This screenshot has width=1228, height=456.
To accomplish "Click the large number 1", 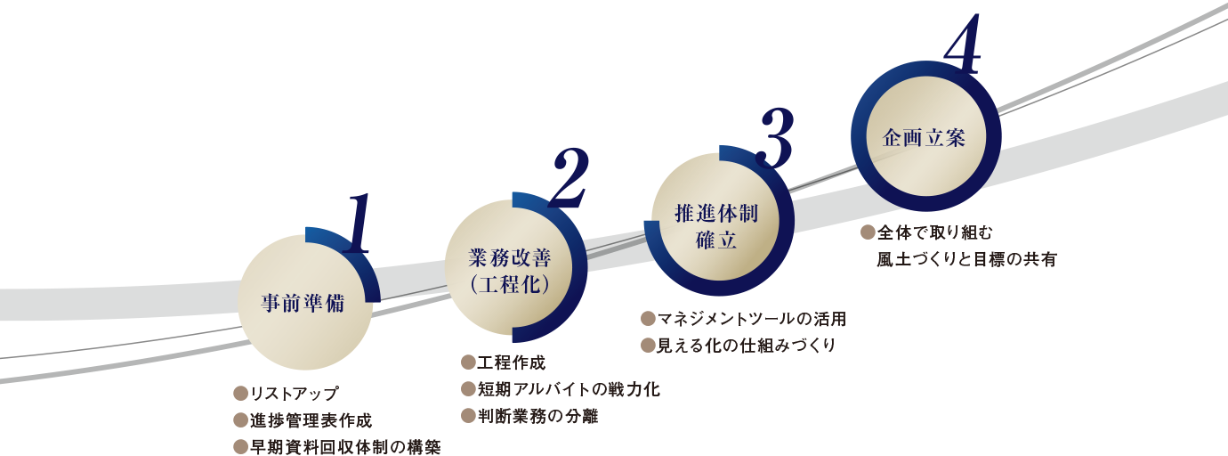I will [357, 223].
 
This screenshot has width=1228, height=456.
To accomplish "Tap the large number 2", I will [567, 178].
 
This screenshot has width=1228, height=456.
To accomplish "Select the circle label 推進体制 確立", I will [716, 226].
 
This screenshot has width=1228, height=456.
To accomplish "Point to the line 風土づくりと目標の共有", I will [966, 260].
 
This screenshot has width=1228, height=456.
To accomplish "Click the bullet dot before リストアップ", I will [239, 394].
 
